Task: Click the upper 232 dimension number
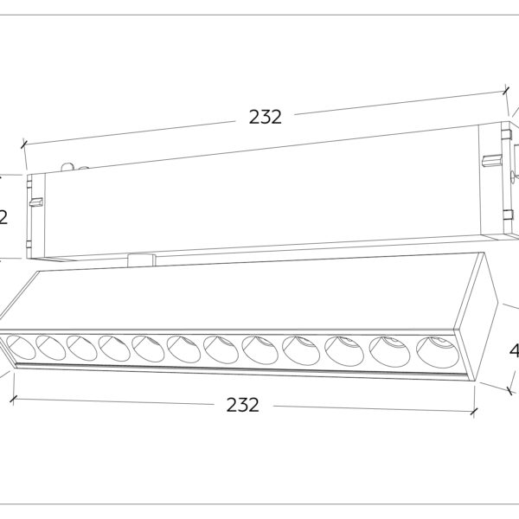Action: (x=266, y=118)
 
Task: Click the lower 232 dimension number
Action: (x=242, y=405)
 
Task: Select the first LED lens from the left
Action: (x=20, y=345)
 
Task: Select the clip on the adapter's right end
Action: (x=490, y=160)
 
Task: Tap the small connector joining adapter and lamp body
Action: (x=141, y=257)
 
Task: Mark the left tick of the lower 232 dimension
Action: (x=13, y=400)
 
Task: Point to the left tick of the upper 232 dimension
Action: (x=24, y=144)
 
